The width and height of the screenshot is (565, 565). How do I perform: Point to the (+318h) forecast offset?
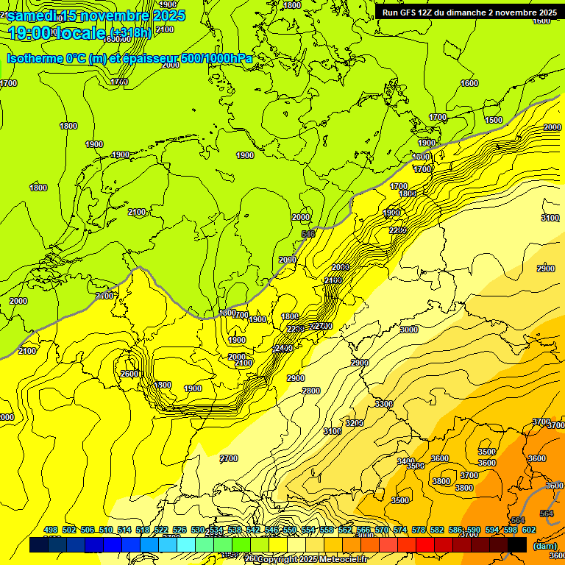tap(132, 32)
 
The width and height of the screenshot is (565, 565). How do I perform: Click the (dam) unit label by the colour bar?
tap(544, 545)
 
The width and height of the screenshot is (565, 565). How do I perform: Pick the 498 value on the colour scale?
tap(51, 530)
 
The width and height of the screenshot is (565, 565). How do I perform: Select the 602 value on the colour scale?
tap(529, 530)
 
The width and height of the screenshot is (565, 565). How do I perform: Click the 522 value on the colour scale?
tap(161, 530)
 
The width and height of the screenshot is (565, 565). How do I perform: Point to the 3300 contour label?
tap(383, 404)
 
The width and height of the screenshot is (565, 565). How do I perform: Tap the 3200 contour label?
tap(355, 423)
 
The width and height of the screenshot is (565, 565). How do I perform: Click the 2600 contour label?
tap(129, 374)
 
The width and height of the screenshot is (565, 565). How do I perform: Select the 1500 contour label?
tap(494, 120)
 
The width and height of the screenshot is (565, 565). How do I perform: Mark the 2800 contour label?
tap(311, 391)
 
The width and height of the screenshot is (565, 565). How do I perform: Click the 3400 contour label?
tap(405, 461)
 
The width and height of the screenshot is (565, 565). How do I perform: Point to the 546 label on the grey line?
tap(308, 234)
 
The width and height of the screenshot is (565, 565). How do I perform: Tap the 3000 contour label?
tap(408, 330)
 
